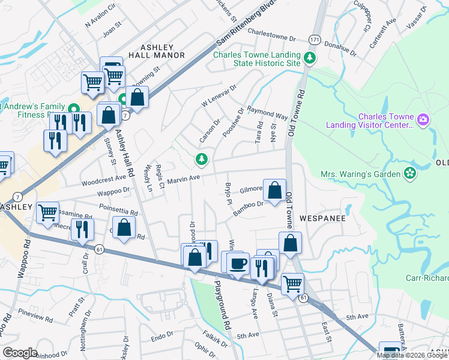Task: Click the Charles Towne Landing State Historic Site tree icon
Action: click(x=310, y=58)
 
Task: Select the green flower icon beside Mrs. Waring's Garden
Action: click(x=410, y=173)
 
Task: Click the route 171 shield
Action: click(x=315, y=39)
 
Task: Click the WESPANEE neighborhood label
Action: click(x=322, y=218)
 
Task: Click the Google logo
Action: click(x=20, y=353)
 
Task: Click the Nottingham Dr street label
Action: click(x=84, y=332)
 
